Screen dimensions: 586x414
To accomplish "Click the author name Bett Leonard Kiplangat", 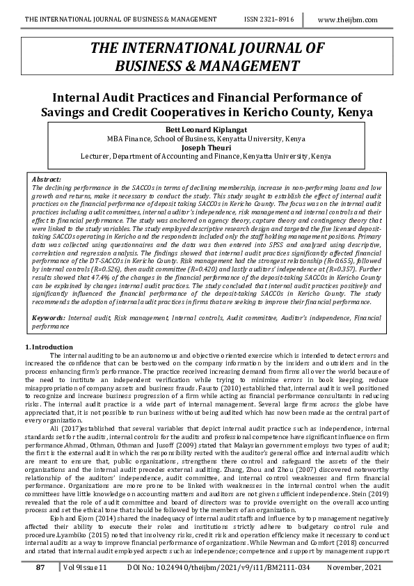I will tap(206, 130).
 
